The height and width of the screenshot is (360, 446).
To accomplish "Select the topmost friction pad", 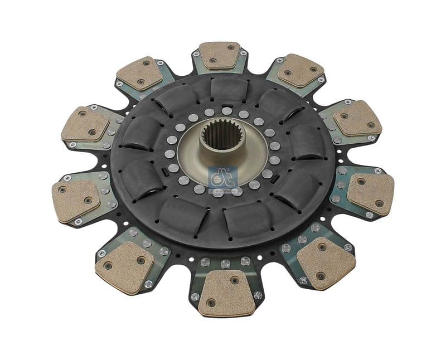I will tap(219, 55).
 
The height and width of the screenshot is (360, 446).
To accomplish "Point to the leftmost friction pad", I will tap(75, 200).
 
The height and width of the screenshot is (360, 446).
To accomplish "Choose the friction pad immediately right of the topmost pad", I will tap(300, 71).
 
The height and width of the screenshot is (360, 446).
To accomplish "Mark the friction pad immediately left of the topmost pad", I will tap(140, 74).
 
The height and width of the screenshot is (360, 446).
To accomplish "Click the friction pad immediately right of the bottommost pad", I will tap(326, 263).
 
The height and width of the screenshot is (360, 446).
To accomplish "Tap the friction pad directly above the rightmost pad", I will tap(357, 118).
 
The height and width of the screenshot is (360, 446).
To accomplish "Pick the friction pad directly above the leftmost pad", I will tap(85, 124).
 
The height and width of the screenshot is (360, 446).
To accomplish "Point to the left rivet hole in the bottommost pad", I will tap(211, 303).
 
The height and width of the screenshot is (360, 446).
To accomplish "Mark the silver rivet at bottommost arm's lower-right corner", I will tap(258, 295).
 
